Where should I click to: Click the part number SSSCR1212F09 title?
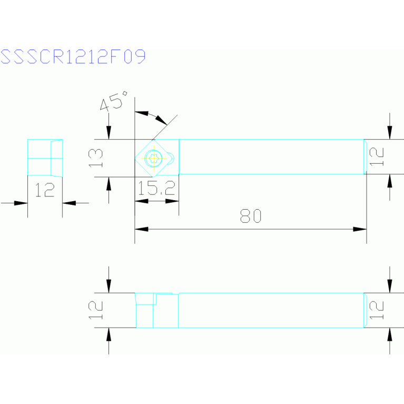click(x=73, y=57)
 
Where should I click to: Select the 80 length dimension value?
click(x=251, y=216)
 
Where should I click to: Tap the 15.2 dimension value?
click(x=156, y=189)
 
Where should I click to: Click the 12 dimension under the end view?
click(x=45, y=190)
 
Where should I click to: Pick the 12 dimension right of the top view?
click(x=377, y=156)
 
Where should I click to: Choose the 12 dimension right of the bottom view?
click(x=377, y=310)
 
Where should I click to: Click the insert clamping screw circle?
click(x=154, y=157)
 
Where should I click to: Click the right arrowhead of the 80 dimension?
click(x=360, y=229)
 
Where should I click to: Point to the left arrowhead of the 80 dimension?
click(x=141, y=229)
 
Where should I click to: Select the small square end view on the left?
click(x=45, y=157)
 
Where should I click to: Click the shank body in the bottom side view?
click(x=271, y=310)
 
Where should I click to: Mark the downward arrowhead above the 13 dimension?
click(x=109, y=133)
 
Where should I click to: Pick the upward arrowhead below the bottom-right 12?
click(x=390, y=334)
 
